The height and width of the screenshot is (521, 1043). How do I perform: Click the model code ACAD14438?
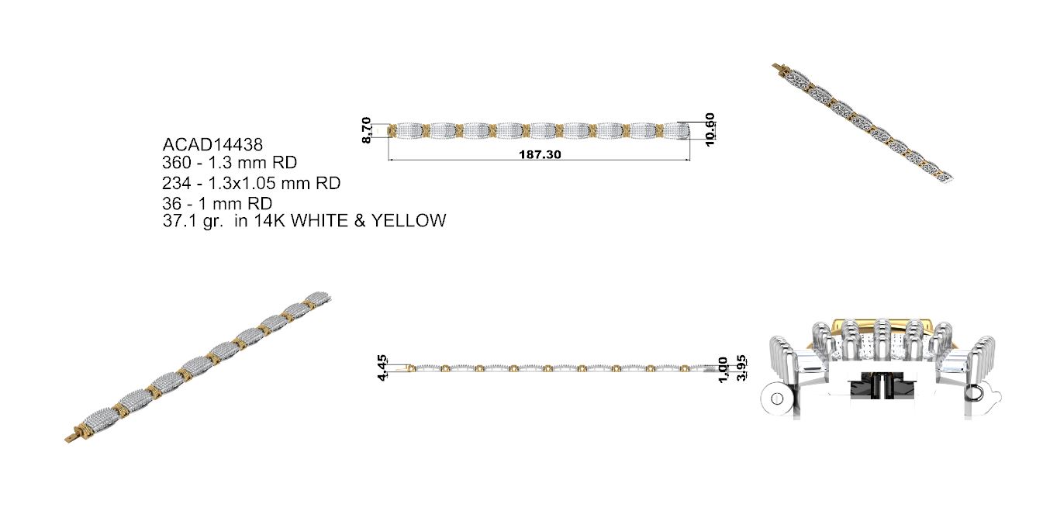(x=212, y=145)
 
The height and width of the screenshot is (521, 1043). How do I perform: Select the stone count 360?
(x=177, y=163)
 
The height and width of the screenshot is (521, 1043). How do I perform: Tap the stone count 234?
(x=177, y=183)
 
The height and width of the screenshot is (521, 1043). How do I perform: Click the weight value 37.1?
(x=179, y=220)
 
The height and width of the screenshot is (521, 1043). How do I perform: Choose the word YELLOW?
(x=409, y=220)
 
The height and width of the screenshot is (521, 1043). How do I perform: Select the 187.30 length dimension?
(x=540, y=154)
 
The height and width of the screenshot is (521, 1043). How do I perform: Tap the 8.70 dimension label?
(x=367, y=130)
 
